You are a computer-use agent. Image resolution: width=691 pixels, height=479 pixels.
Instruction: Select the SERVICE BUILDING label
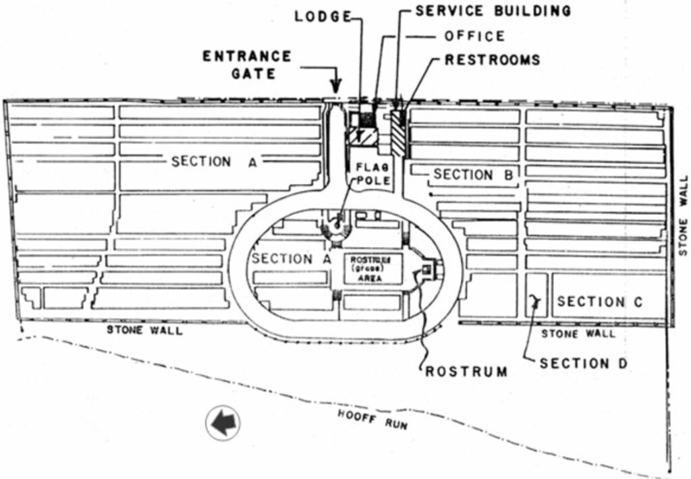(493, 11)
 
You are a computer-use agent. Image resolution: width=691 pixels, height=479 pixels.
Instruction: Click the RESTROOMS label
(492, 59)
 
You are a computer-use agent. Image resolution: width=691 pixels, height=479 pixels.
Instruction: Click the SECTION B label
(472, 175)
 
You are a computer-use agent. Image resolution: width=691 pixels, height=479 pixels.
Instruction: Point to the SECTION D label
(584, 364)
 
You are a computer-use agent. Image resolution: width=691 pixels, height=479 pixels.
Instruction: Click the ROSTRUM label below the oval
(466, 371)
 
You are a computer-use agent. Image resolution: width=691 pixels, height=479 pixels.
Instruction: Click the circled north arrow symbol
(223, 424)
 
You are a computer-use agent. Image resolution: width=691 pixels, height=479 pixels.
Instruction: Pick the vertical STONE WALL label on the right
(683, 215)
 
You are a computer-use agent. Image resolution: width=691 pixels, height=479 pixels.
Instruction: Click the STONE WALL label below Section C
(578, 333)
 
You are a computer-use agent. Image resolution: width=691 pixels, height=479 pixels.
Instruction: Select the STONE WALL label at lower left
(144, 331)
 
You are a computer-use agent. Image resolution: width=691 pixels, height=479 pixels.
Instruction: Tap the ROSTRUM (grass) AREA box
(373, 269)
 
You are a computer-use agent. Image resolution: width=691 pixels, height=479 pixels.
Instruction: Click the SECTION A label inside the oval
(282, 259)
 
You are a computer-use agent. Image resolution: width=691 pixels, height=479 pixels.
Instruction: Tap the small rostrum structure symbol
(428, 269)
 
